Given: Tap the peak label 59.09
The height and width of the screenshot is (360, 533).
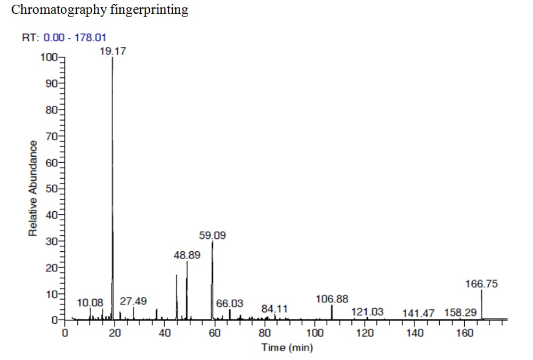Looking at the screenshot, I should [212, 235].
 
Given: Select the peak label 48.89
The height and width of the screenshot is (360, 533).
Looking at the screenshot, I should [187, 255].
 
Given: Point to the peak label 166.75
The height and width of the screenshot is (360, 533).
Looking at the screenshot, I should [482, 284].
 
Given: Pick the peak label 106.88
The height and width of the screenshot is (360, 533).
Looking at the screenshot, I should [332, 300].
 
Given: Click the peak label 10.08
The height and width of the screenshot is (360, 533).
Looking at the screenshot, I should [90, 302].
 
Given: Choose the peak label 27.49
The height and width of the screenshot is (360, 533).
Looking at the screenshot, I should [133, 301].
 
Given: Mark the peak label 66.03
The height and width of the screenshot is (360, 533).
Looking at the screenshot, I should [230, 303].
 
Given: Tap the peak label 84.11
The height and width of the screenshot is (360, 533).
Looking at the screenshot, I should [274, 309].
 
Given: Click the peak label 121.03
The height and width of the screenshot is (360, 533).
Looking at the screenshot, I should [367, 311].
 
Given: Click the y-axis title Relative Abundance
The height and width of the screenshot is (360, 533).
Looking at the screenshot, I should [33, 188].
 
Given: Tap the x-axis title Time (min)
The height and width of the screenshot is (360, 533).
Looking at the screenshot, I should [286, 348].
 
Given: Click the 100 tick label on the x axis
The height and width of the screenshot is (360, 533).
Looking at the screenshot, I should [315, 333].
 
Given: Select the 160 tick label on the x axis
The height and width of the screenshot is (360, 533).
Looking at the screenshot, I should [465, 333].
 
